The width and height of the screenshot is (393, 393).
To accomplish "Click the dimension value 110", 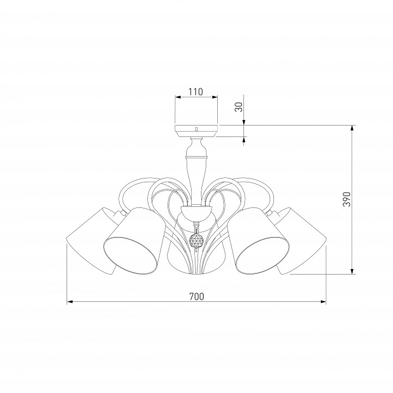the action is [x=196, y=92].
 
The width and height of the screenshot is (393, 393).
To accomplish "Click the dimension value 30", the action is [x=239, y=107].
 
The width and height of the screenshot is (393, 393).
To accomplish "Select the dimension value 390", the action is [x=347, y=199].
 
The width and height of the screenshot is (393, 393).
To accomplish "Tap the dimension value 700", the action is [x=196, y=296].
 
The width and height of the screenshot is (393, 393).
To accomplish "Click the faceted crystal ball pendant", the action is [x=196, y=240].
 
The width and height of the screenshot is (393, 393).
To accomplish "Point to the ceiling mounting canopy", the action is [x=196, y=130].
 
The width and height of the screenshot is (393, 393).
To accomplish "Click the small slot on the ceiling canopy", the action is [x=196, y=129].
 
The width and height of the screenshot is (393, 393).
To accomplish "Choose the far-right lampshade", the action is [x=301, y=241].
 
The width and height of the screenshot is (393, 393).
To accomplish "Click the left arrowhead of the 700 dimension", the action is [x=69, y=302].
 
